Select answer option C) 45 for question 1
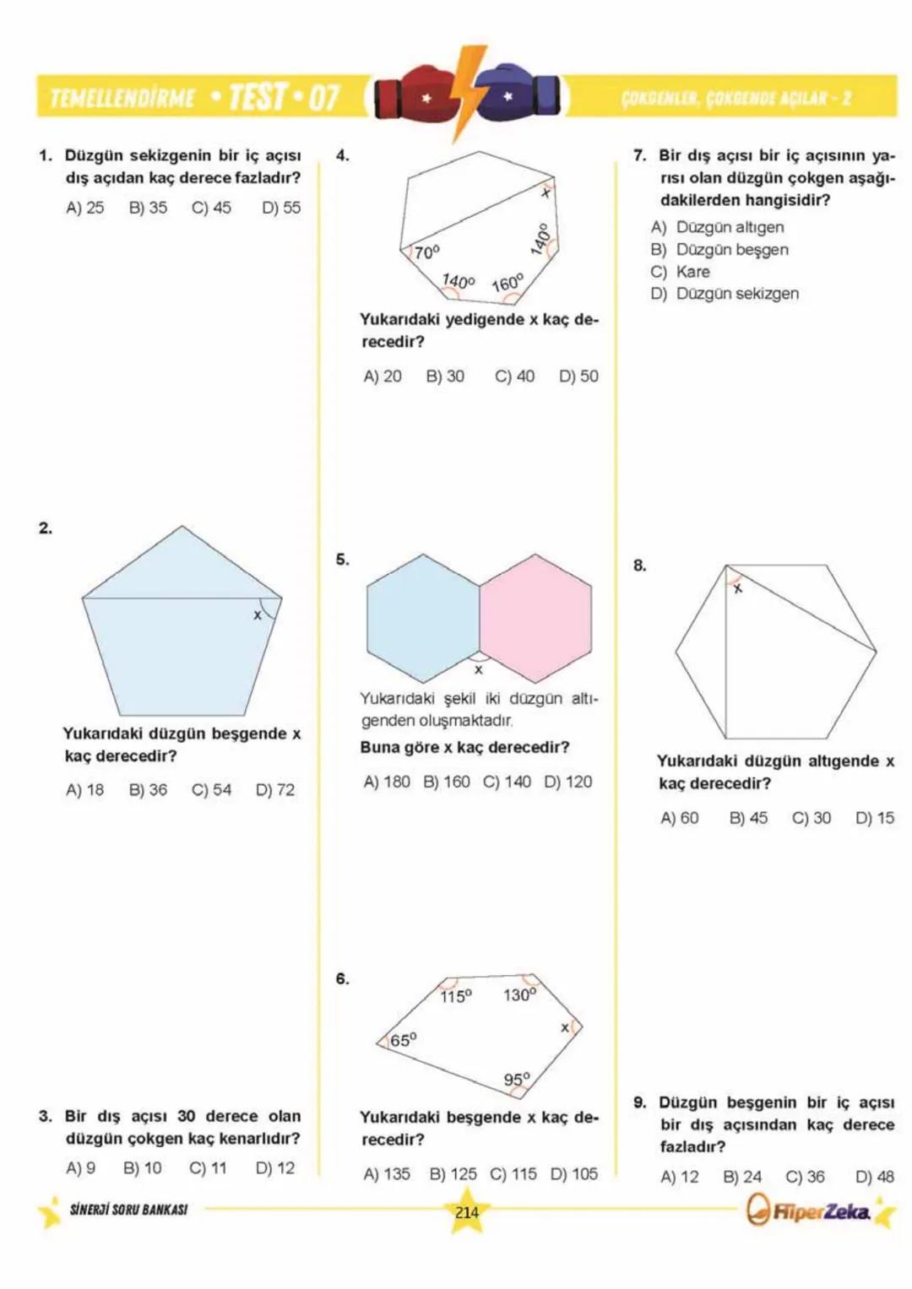[x=211, y=208]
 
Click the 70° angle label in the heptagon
[x=426, y=252]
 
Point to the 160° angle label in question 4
[x=508, y=282]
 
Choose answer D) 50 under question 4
[x=578, y=376]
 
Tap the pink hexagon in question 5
[x=535, y=618]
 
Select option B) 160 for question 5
[x=446, y=783]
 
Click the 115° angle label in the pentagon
[x=456, y=997]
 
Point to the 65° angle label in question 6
[x=403, y=1040]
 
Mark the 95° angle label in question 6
[x=517, y=1080]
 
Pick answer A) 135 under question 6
[x=386, y=1174]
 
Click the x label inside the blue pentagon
[x=258, y=615]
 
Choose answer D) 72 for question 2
[x=275, y=790]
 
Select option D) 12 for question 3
[x=275, y=1168]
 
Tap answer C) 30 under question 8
[x=811, y=818]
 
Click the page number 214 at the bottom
[x=467, y=1212]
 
